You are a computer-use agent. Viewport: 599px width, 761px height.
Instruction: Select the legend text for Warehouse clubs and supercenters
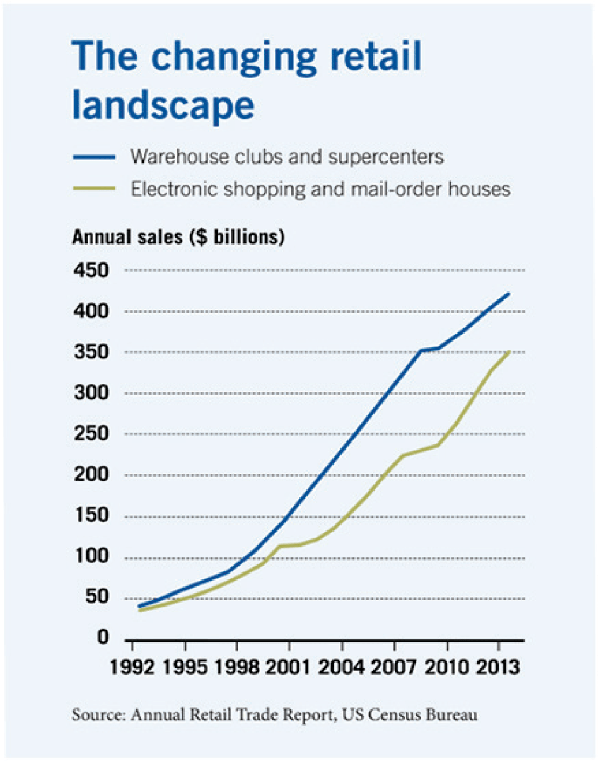[x=287, y=156]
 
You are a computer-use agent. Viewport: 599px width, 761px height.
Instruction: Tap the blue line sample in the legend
[x=94, y=156]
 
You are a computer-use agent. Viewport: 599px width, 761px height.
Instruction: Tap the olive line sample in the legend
[x=94, y=188]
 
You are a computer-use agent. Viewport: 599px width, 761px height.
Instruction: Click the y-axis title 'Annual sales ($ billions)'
[x=178, y=238]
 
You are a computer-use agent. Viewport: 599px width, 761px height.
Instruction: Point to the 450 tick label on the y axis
[x=93, y=270]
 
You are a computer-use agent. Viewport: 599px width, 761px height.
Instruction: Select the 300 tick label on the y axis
[x=93, y=393]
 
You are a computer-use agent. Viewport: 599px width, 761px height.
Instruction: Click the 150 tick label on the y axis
[x=93, y=516]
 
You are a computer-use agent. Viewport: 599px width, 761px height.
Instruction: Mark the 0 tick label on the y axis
[x=102, y=639]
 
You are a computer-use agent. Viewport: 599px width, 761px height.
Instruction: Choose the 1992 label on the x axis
[x=132, y=668]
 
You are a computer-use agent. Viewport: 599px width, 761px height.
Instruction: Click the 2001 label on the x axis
[x=289, y=668]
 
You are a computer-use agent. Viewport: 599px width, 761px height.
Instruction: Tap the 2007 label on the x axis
[x=394, y=668]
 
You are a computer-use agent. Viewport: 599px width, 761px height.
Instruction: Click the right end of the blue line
[x=509, y=293]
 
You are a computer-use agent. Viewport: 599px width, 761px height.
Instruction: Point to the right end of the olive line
[x=509, y=352]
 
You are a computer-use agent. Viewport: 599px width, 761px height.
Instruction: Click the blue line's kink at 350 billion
[x=421, y=351]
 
